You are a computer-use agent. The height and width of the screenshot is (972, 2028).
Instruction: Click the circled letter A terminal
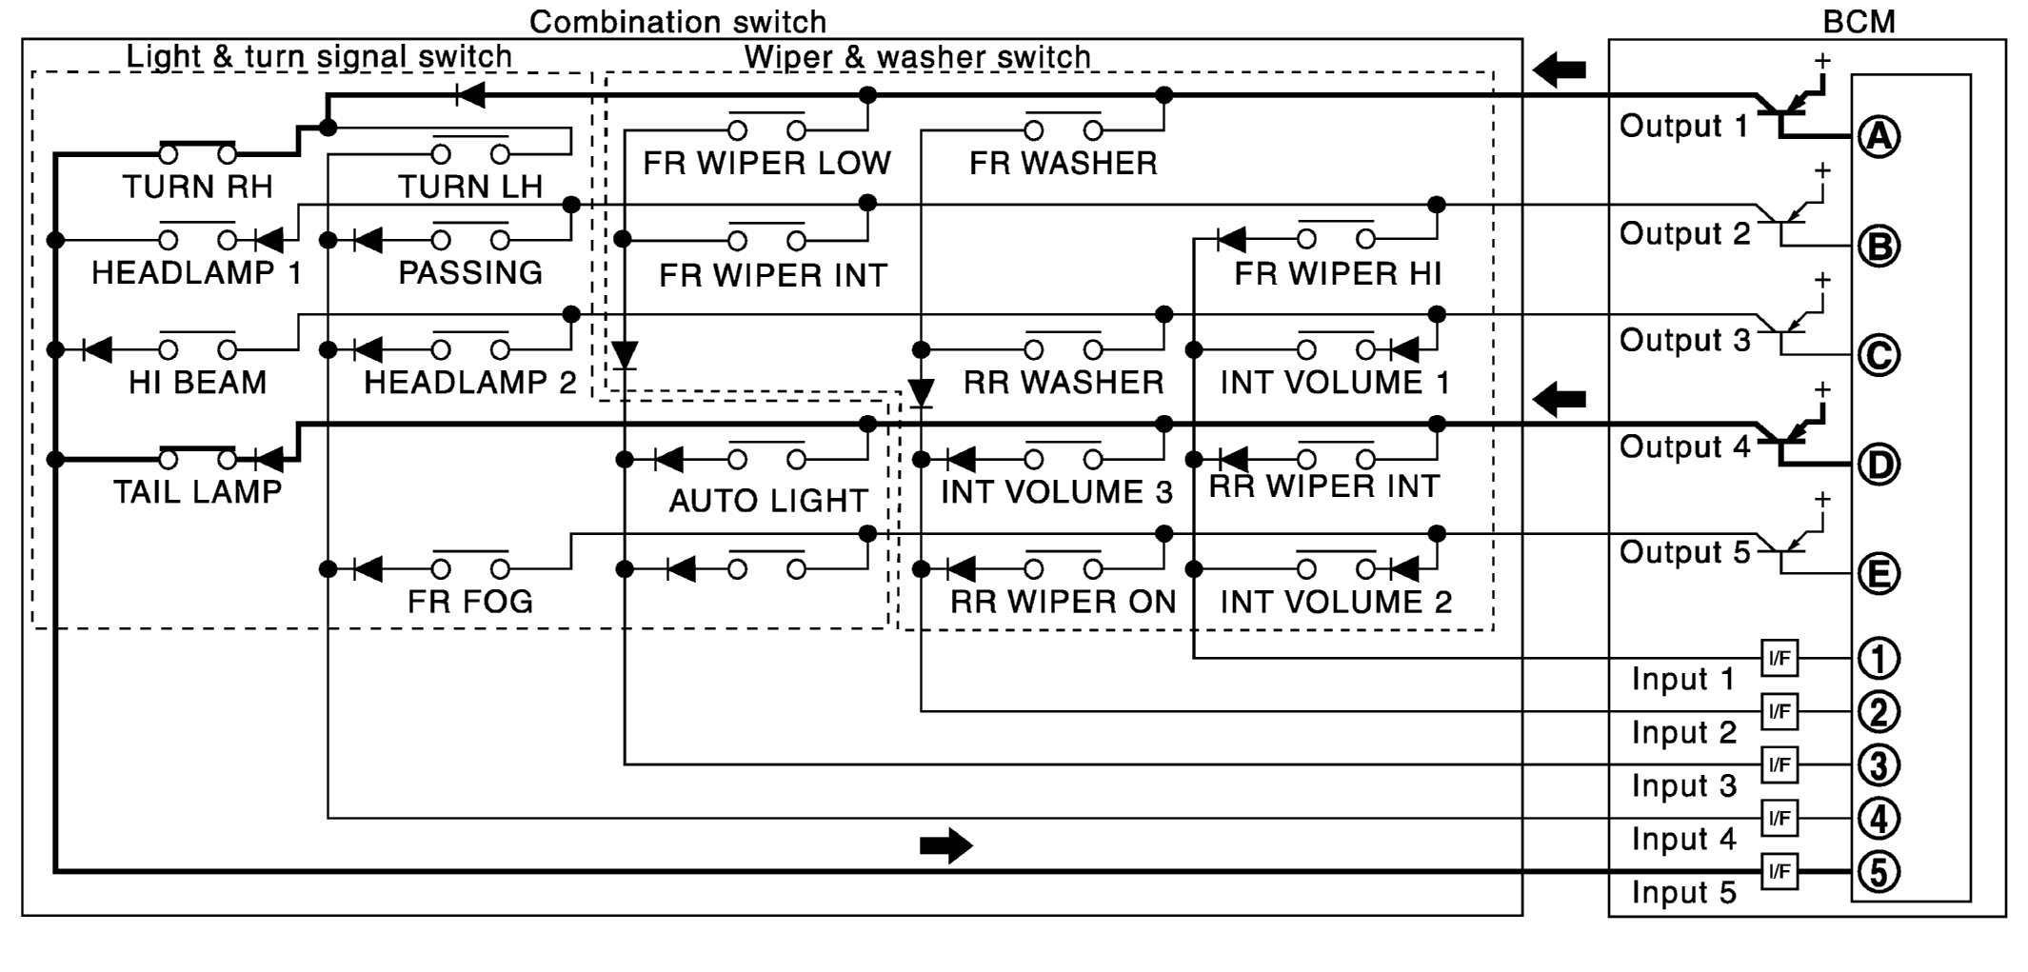click(x=1879, y=136)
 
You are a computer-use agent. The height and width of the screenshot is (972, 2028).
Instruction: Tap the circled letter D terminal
click(x=1879, y=465)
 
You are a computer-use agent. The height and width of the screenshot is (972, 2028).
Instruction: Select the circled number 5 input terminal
click(x=1879, y=872)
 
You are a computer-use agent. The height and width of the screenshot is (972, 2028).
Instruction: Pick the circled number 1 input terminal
click(x=1879, y=658)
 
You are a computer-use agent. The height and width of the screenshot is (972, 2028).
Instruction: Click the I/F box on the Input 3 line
click(x=1779, y=764)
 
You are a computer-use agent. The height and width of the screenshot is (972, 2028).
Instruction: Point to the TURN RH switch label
click(x=197, y=187)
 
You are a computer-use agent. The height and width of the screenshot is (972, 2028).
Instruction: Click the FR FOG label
click(x=470, y=602)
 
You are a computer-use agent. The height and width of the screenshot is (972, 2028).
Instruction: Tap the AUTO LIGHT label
click(x=768, y=501)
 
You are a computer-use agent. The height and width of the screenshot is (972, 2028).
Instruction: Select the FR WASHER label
click(x=1064, y=164)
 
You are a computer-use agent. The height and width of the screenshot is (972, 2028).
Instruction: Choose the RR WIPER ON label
click(x=1064, y=602)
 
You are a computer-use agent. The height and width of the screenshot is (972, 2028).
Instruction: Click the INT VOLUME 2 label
click(x=1336, y=602)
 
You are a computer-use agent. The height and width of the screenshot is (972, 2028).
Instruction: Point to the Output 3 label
click(x=1684, y=341)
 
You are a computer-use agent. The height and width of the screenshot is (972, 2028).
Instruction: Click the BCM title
click(x=1858, y=21)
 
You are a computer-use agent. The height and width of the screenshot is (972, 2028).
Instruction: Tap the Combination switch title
click(x=678, y=21)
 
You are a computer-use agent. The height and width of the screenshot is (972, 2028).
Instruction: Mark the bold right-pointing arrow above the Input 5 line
click(x=946, y=845)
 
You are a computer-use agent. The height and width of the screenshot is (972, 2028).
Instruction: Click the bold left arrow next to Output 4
click(x=1560, y=399)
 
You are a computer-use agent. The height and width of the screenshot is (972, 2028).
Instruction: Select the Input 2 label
click(x=1683, y=733)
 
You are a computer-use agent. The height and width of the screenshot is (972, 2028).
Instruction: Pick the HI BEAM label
click(x=197, y=383)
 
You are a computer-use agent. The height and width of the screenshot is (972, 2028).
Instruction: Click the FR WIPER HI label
click(x=1338, y=274)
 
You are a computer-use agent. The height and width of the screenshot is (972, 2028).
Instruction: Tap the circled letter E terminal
click(x=1879, y=574)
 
